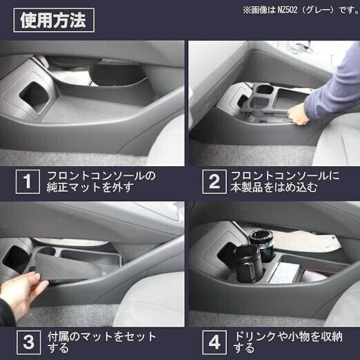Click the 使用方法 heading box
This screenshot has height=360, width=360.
click(x=54, y=20)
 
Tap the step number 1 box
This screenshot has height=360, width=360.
click(x=28, y=181)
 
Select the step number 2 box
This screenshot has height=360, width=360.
click(x=214, y=181)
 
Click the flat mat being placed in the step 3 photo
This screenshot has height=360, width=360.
click(x=69, y=268)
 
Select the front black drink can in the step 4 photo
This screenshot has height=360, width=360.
click(x=246, y=263)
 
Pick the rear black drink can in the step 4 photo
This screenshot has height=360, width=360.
click(x=262, y=245)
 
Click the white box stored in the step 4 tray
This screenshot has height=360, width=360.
click(x=285, y=273)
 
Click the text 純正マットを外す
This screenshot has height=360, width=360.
click(x=90, y=188)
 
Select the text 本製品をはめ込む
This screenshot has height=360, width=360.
click(x=274, y=188)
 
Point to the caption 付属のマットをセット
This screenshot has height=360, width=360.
click(x=102, y=337)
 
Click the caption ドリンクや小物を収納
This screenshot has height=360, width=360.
click(x=288, y=337)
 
